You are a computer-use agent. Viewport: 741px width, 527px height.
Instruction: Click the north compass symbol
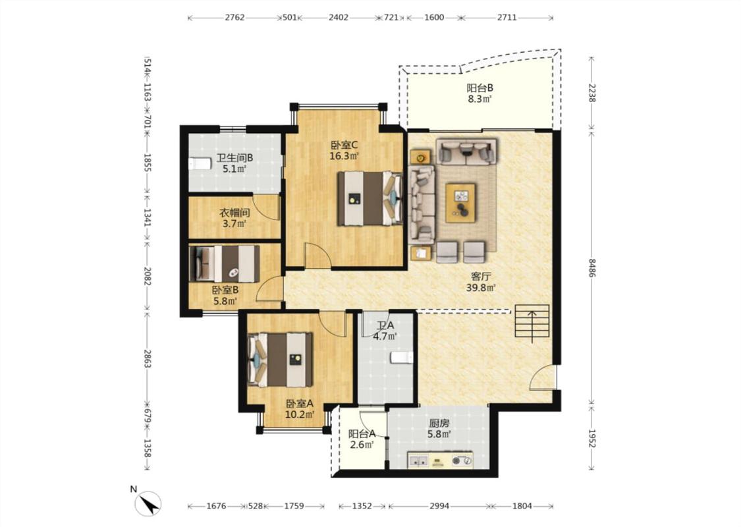pyautogui.click(x=149, y=504)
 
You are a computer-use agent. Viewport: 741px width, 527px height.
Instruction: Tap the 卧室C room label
pyautogui.click(x=344, y=145)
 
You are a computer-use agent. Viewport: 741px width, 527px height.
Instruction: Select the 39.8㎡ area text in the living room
pyautogui.click(x=481, y=288)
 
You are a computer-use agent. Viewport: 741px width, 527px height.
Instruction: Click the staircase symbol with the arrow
pyautogui.click(x=532, y=322)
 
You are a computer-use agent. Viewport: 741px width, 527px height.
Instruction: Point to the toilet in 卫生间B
pyautogui.click(x=200, y=163)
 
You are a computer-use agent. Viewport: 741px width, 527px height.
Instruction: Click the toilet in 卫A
pyautogui.click(x=402, y=358)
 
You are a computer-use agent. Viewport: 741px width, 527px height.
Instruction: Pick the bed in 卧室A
pyautogui.click(x=280, y=360)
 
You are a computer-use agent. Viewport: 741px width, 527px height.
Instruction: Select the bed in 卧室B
pyautogui.click(x=225, y=263)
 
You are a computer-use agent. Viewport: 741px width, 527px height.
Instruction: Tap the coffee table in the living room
pyautogui.click(x=460, y=203)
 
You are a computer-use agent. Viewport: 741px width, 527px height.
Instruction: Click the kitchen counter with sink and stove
pyautogui.click(x=440, y=459)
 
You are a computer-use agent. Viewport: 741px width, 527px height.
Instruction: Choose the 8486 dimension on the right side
pyautogui.click(x=591, y=267)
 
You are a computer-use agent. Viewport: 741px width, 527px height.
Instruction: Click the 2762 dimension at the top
pyautogui.click(x=235, y=18)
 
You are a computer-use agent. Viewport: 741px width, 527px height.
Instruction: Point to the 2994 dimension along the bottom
pyautogui.click(x=439, y=506)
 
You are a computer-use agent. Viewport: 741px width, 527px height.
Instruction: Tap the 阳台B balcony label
pyautogui.click(x=480, y=88)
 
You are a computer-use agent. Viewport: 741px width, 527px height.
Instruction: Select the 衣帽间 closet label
pyautogui.click(x=234, y=213)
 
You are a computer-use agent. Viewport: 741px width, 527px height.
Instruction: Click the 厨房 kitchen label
pyautogui.click(x=439, y=424)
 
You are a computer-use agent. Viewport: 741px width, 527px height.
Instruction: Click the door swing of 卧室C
pyautogui.click(x=317, y=256)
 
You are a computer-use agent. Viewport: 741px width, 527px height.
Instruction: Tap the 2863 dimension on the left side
pyautogui.click(x=147, y=359)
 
